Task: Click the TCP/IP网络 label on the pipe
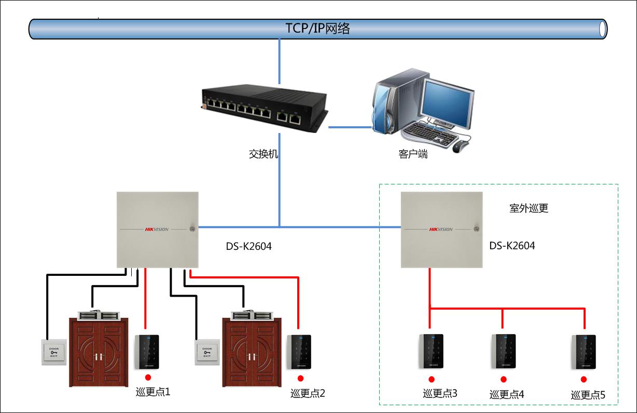[317, 29]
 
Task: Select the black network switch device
[264, 107]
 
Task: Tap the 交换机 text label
[264, 154]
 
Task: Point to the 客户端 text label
[413, 154]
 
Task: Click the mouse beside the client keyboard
[460, 146]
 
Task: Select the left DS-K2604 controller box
[157, 230]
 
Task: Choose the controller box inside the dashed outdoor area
[441, 230]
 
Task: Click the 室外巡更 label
[528, 208]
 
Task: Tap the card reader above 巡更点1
[147, 352]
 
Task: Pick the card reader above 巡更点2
[299, 352]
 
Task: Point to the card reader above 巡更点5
[584, 352]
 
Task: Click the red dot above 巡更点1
[148, 378]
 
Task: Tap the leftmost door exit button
[54, 352]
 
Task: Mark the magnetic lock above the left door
[99, 315]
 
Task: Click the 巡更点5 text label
[588, 395]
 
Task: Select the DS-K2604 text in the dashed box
[512, 246]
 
